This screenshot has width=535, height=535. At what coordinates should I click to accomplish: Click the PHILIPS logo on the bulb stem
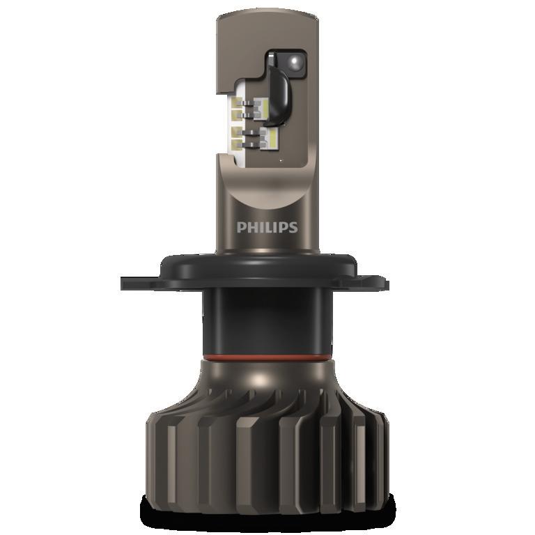[267, 227]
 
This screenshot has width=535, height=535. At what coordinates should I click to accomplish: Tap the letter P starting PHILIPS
[240, 228]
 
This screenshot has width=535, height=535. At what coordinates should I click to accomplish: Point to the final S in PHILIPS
[293, 228]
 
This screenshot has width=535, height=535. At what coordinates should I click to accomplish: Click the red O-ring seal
[267, 357]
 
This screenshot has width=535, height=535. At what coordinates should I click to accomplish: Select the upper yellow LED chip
[268, 106]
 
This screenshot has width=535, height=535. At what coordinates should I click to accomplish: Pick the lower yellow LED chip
[270, 139]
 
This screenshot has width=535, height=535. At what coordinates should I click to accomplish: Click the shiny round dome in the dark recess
[295, 62]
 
